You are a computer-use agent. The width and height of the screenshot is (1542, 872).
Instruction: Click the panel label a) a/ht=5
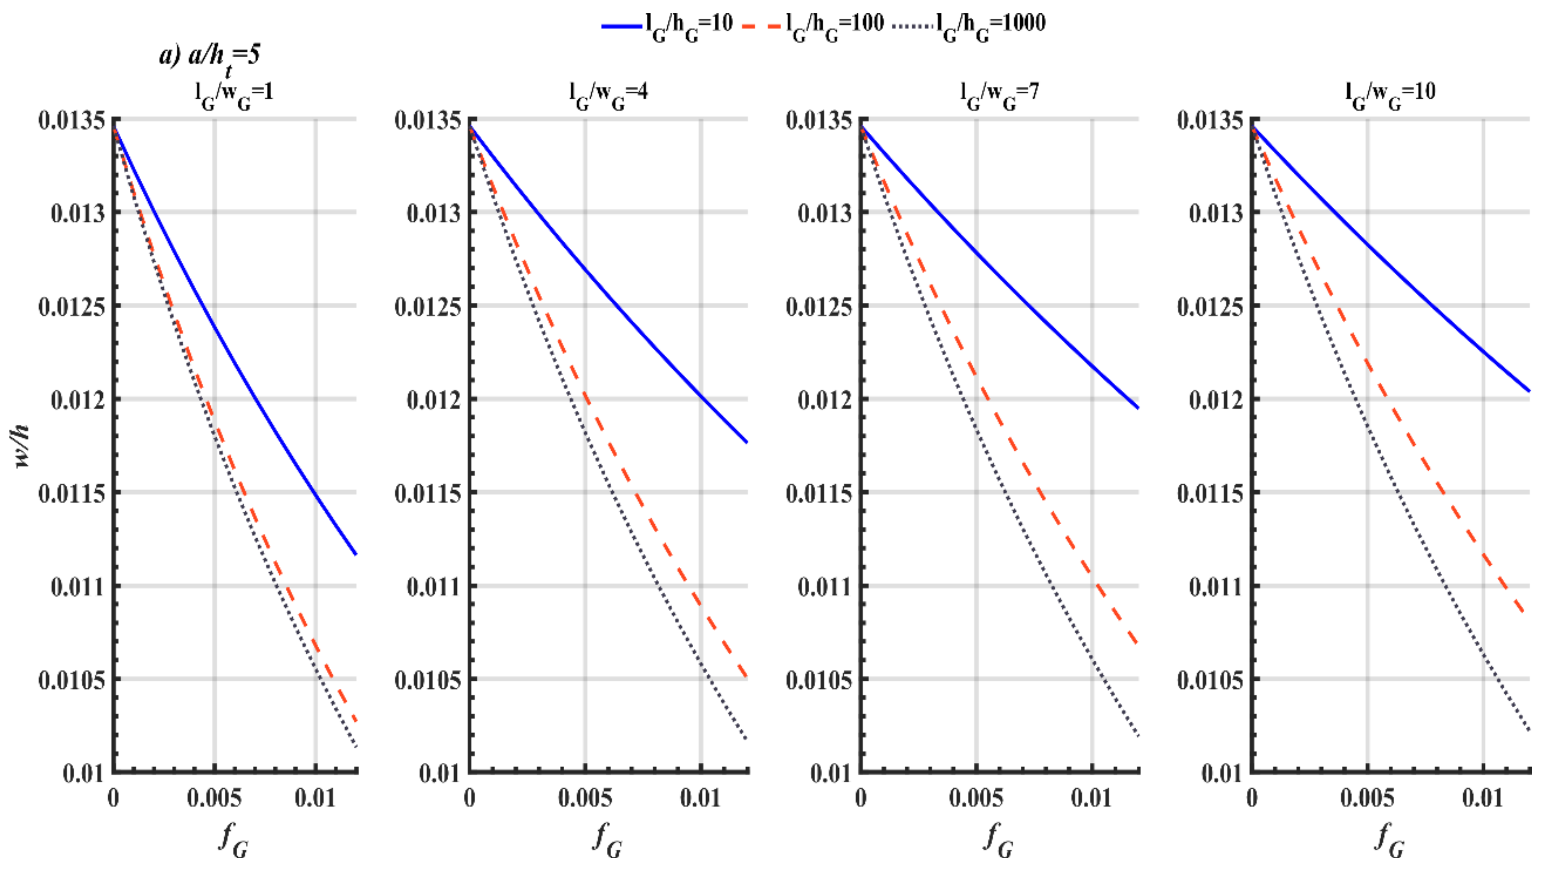pyautogui.click(x=210, y=57)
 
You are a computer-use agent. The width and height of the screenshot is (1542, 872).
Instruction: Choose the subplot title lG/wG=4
pyautogui.click(x=608, y=94)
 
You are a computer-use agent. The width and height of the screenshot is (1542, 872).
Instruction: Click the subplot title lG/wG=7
pyautogui.click(x=999, y=94)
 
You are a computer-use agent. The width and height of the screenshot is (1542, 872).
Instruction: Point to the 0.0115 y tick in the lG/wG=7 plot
pyautogui.click(x=818, y=494)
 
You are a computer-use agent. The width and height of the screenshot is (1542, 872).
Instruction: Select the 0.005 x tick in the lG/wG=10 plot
pyautogui.click(x=1367, y=798)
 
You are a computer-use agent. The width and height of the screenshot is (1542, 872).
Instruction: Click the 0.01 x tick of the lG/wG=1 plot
pyautogui.click(x=315, y=798)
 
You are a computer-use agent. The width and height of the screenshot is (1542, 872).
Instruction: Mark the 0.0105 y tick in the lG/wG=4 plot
pyautogui.click(x=427, y=680)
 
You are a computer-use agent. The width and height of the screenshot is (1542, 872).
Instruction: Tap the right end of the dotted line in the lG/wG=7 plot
pyautogui.click(x=1138, y=735)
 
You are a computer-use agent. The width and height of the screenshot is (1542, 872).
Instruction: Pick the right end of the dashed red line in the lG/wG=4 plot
pyautogui.click(x=747, y=677)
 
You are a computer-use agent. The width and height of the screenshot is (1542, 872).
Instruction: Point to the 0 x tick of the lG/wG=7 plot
pyautogui.click(x=861, y=798)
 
